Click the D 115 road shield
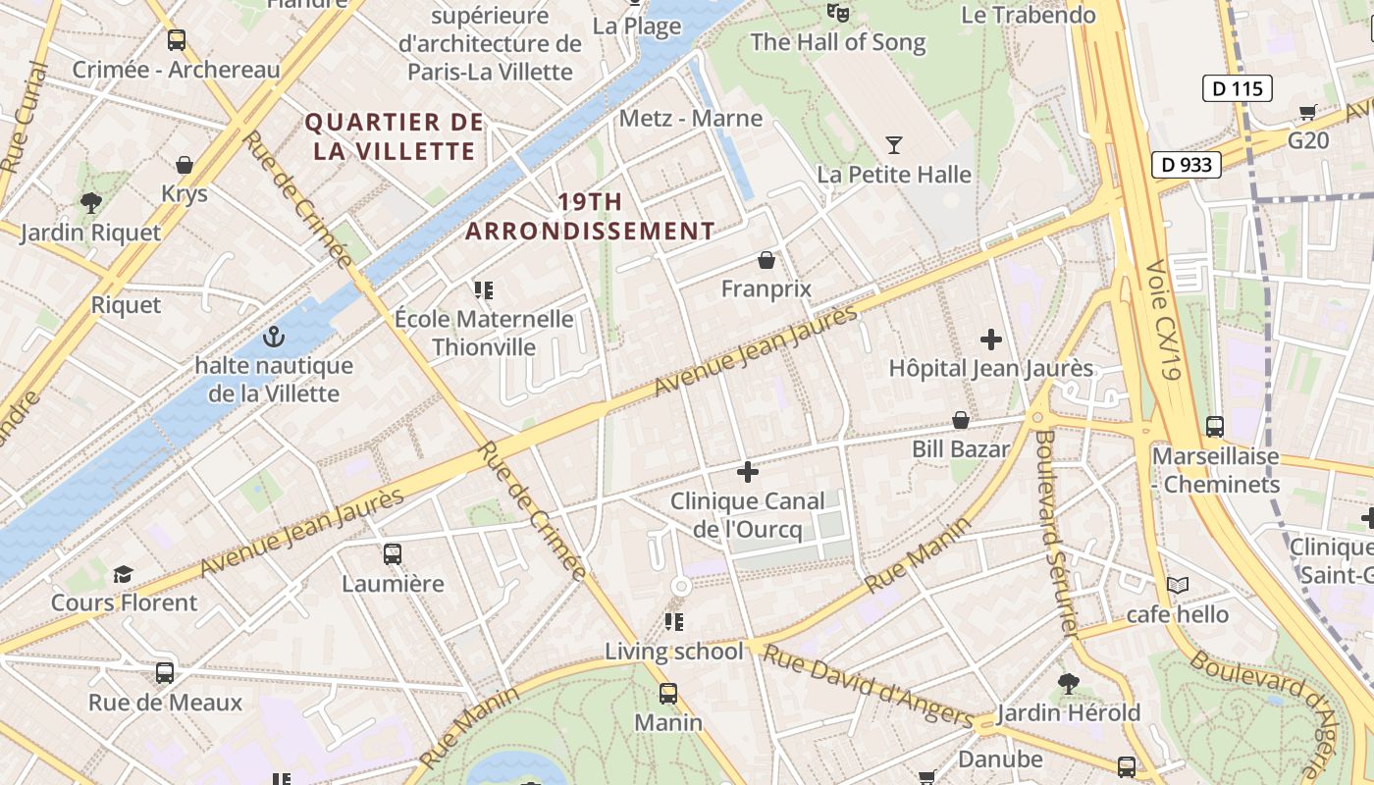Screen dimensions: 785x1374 [1237, 88]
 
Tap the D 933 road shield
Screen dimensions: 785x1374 [1186, 165]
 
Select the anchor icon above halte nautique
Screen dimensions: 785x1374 [274, 338]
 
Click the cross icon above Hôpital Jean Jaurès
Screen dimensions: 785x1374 [991, 340]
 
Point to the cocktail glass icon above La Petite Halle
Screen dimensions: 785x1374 [893, 145]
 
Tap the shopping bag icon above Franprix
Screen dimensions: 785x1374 [766, 260]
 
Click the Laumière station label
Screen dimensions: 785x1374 [393, 584]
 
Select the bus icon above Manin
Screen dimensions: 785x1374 [668, 694]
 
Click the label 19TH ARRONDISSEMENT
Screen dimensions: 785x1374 [590, 217]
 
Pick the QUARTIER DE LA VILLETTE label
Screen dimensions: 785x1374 [395, 136]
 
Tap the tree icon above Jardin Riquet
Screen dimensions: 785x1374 [90, 203]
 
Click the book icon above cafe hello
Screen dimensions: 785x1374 [1178, 586]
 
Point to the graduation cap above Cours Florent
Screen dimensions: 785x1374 [123, 574]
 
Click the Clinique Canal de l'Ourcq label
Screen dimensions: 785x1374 [748, 515]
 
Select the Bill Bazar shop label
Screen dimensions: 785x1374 [961, 449]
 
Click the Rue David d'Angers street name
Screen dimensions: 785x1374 [868, 686]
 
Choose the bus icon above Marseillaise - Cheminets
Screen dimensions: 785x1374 [1215, 427]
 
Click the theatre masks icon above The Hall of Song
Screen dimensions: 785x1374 [837, 13]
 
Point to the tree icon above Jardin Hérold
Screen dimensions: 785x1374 [1069, 683]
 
